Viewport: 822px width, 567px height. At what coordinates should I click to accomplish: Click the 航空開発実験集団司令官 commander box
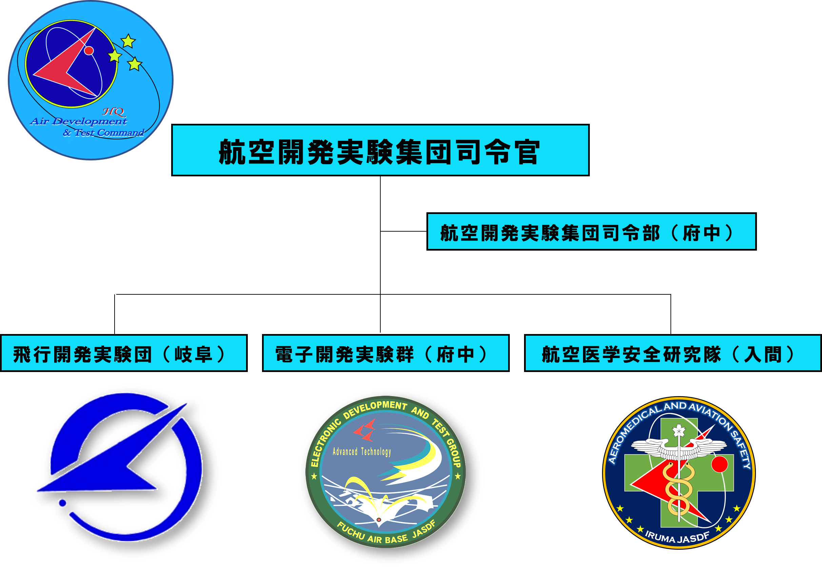pos(380,150)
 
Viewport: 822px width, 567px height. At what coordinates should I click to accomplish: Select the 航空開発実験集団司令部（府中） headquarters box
pos(591,232)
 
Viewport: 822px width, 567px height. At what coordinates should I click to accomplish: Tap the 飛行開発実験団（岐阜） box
pos(124,353)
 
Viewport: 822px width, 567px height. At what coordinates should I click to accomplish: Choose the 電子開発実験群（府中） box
pos(386,353)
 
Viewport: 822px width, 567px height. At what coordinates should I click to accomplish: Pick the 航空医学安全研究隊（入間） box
pos(673,353)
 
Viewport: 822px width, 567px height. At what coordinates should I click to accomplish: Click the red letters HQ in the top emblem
pos(114,112)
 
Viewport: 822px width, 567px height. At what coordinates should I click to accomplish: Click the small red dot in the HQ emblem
pos(89,51)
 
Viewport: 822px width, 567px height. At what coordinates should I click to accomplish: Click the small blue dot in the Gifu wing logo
pos(62,503)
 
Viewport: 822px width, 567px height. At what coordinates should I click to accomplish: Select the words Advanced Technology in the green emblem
pos(361,452)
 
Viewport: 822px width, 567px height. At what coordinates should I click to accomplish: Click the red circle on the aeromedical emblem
pos(719,464)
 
